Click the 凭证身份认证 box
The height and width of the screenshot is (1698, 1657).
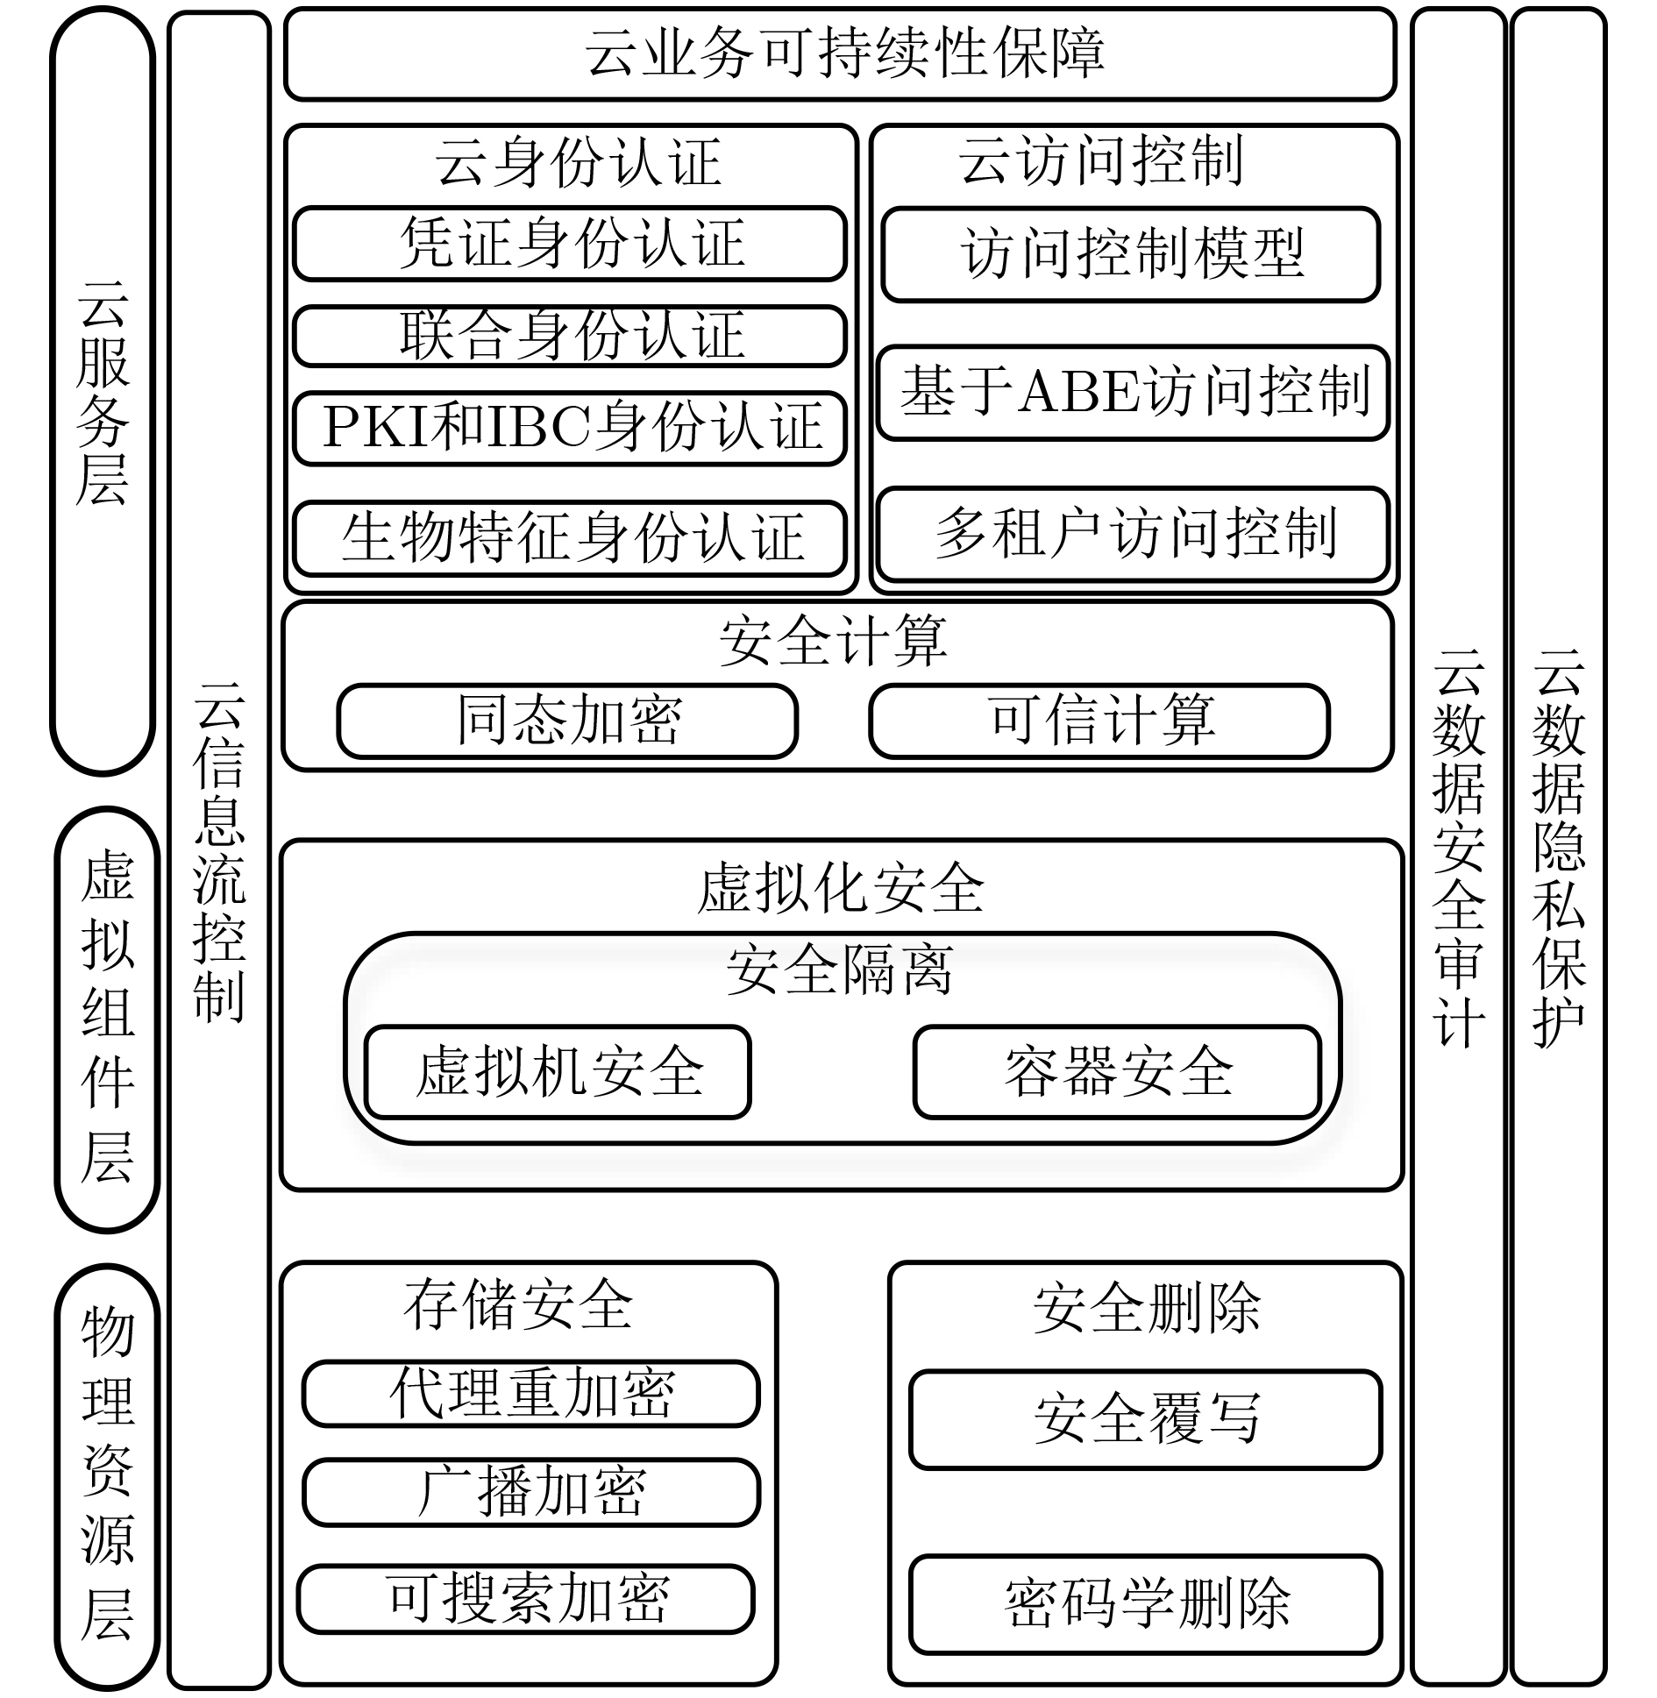tap(570, 244)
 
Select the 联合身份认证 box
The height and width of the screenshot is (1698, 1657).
tap(570, 336)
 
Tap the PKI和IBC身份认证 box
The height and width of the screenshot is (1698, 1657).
tap(570, 428)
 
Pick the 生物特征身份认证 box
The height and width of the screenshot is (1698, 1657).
tap(570, 538)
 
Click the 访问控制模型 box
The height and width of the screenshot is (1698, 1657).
tap(1131, 254)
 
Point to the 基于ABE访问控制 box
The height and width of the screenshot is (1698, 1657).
tap(1133, 393)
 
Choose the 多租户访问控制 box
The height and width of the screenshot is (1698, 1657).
tap(1133, 534)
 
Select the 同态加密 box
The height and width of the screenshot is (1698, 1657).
tap(567, 721)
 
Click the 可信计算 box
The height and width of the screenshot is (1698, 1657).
tap(1099, 721)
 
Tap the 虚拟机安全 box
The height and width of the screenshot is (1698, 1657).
tap(558, 1071)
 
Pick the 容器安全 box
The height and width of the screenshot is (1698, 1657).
tap(1118, 1071)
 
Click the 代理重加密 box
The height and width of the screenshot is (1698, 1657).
tap(531, 1394)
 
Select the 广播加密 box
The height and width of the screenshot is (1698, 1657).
tap(531, 1492)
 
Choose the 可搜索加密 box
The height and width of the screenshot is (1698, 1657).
tap(526, 1599)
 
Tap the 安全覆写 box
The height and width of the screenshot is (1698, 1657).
tap(1146, 1419)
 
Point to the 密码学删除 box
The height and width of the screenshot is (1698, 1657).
tap(1146, 1604)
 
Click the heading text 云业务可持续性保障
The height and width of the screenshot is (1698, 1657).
tap(844, 53)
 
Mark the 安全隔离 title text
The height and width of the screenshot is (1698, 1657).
tap(840, 970)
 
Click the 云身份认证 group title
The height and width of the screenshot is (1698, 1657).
tap(578, 163)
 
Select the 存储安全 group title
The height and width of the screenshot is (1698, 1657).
tap(518, 1304)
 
